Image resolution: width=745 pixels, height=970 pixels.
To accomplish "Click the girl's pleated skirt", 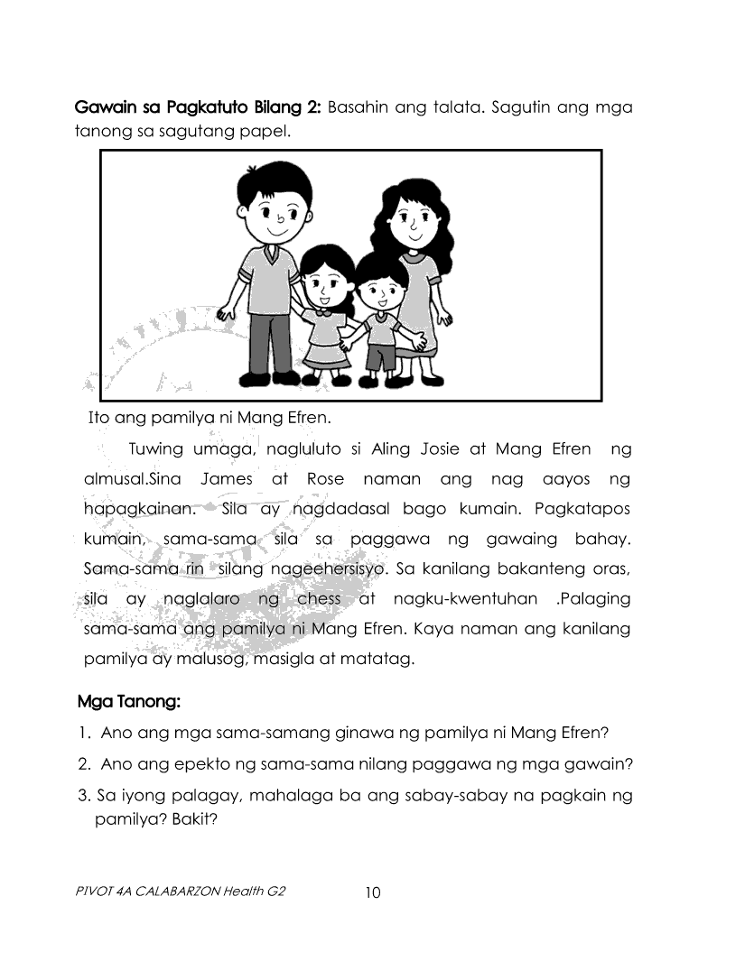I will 326,351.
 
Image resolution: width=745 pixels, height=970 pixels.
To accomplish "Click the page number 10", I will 373,893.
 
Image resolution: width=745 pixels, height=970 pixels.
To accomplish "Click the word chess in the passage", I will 319,599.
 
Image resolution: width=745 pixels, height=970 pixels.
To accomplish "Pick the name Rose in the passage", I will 325,478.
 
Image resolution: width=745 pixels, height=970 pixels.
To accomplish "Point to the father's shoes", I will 272,378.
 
